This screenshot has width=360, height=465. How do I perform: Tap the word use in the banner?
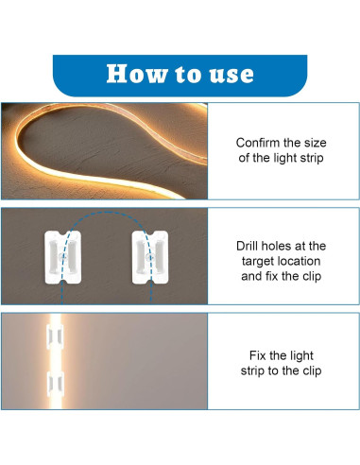click(230, 74)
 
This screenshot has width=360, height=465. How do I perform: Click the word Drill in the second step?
click(250, 246)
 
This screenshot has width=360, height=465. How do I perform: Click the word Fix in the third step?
click(259, 354)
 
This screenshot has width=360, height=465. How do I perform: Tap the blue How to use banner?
click(180, 74)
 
